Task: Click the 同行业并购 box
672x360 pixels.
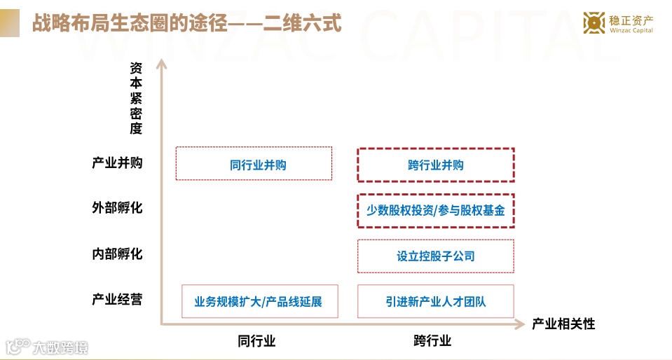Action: [254, 164]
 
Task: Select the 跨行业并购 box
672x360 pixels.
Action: [436, 165]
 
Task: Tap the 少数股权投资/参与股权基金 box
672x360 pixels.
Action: [436, 210]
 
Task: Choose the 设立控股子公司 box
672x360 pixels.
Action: [436, 256]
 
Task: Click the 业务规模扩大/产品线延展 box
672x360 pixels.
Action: [259, 302]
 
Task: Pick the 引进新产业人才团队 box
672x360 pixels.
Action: [436, 302]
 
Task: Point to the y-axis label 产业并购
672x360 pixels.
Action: [117, 163]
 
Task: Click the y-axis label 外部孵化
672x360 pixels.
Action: [117, 208]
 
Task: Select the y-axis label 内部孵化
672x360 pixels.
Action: [117, 254]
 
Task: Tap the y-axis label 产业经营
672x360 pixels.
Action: [117, 299]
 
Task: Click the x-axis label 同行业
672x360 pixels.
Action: [256, 342]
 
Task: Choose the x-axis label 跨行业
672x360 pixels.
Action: [432, 342]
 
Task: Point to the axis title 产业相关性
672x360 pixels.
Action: [563, 324]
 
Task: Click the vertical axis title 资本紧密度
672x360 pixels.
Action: [136, 98]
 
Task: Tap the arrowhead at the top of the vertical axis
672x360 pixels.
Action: [161, 64]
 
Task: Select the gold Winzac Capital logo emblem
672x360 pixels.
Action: [594, 23]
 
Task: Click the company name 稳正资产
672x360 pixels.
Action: [631, 19]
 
